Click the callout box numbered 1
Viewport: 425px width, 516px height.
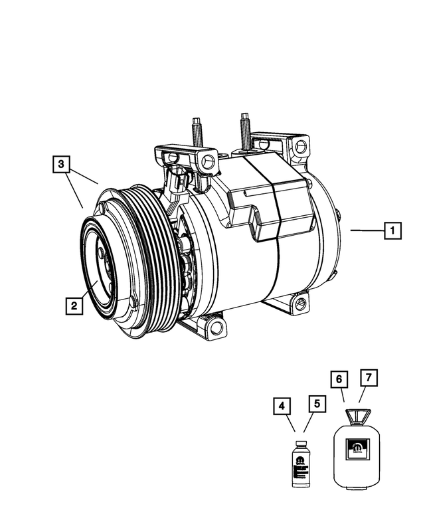point(392,231)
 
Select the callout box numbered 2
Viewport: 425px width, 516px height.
point(74,306)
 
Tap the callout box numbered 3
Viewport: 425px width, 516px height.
point(60,163)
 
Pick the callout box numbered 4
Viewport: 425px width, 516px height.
point(282,406)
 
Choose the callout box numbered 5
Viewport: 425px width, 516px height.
point(317,403)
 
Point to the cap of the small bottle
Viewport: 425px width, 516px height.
point(301,441)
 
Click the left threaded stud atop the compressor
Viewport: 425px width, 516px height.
point(198,130)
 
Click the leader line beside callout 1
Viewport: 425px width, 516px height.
point(366,230)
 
